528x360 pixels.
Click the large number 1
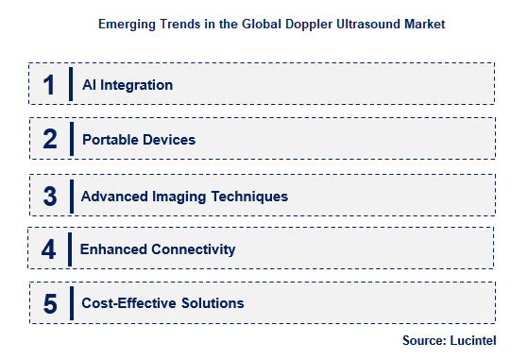click(49, 84)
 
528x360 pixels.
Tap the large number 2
click(49, 139)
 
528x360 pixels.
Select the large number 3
click(49, 196)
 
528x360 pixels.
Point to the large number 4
click(49, 249)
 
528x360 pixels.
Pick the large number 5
click(49, 303)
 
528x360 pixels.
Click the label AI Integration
click(128, 85)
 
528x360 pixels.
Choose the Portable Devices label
click(139, 140)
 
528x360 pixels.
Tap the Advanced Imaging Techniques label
click(184, 197)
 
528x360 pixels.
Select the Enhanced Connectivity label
click(158, 249)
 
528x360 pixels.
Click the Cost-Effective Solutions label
click(162, 303)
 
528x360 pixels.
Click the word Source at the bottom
click(421, 338)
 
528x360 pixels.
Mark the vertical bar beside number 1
click(71, 84)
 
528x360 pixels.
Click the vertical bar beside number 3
click(71, 196)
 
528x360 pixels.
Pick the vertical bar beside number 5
click(71, 303)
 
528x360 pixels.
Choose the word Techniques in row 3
click(254, 197)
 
